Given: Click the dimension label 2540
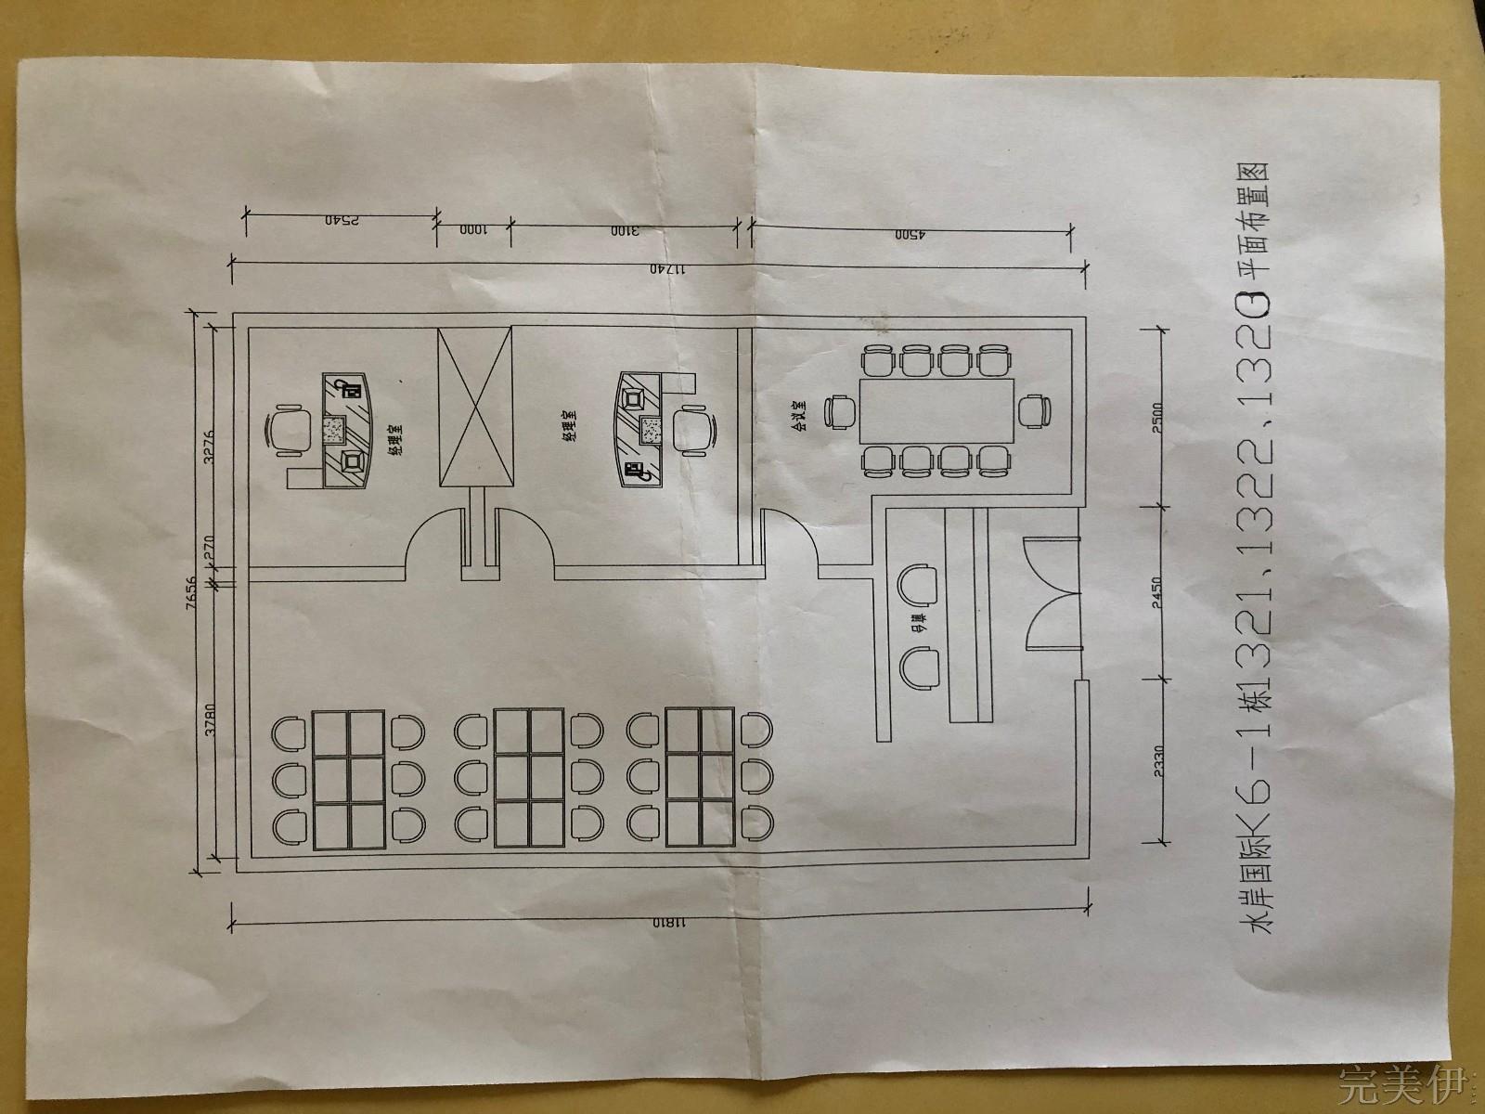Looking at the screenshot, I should click(x=342, y=221).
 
